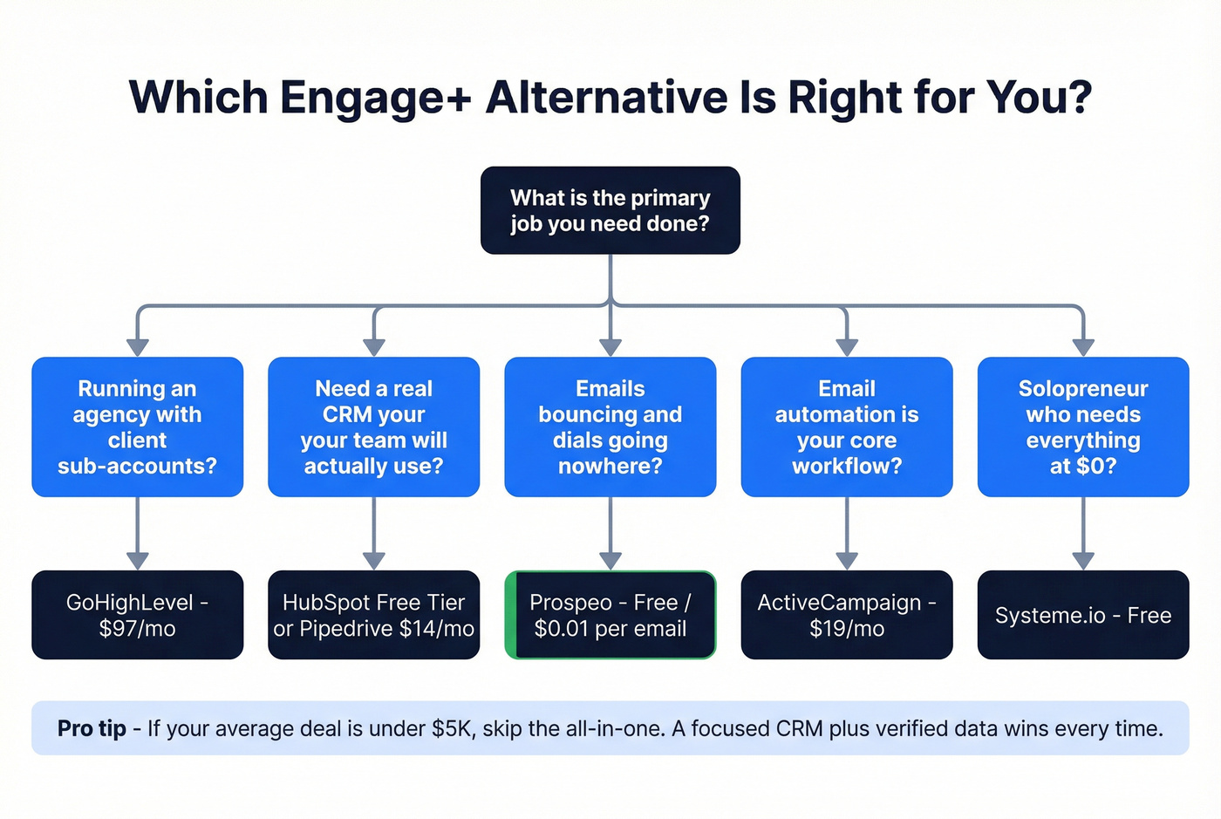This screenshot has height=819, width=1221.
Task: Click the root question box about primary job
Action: (x=610, y=210)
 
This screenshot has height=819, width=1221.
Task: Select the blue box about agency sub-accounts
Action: (x=137, y=427)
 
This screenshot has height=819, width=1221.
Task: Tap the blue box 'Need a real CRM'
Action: (x=373, y=427)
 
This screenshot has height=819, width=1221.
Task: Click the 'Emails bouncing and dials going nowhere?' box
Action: (x=610, y=427)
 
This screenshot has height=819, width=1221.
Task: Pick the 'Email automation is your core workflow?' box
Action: (x=846, y=427)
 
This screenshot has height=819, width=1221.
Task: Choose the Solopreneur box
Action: (x=1082, y=427)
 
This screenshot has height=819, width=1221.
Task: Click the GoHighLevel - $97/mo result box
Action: (x=137, y=615)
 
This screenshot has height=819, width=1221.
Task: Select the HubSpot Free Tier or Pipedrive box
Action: (x=373, y=615)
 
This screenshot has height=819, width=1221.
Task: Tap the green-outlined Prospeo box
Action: (x=610, y=615)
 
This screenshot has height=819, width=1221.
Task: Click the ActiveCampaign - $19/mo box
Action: (x=846, y=615)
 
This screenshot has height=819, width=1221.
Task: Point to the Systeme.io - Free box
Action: (x=1082, y=615)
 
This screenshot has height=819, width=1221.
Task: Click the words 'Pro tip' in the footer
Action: (x=92, y=728)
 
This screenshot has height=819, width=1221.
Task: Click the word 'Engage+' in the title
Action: (x=375, y=98)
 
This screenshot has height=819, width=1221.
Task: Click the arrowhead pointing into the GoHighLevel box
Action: (x=137, y=560)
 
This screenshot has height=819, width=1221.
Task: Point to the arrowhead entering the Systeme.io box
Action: (x=1082, y=560)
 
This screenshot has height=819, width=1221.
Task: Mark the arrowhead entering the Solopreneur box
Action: (x=1082, y=347)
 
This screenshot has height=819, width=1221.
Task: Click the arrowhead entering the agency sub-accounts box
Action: (x=137, y=347)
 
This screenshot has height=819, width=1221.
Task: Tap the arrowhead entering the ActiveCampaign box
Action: (x=846, y=560)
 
